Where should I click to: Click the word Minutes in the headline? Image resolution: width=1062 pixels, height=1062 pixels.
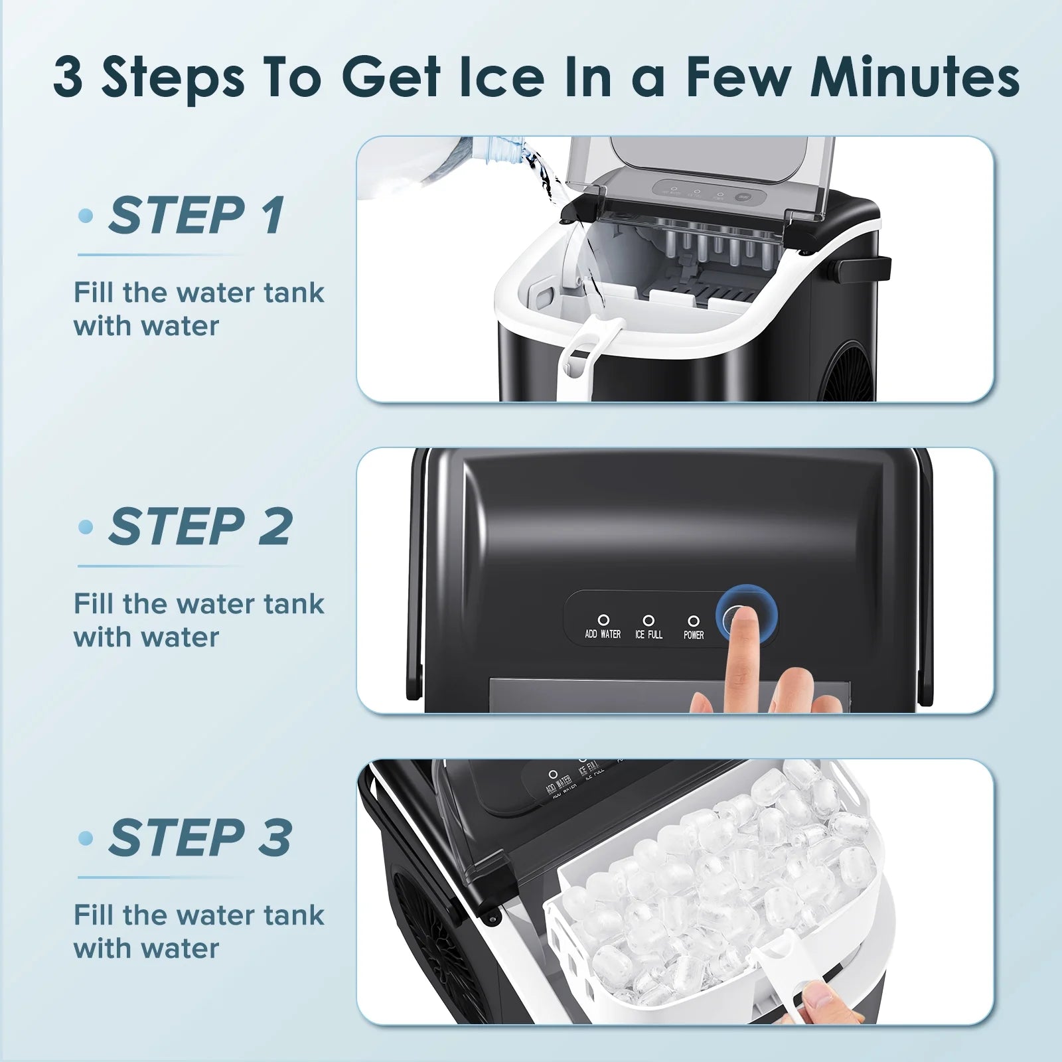tap(915, 78)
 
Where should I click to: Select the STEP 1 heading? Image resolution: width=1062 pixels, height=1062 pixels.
tap(196, 216)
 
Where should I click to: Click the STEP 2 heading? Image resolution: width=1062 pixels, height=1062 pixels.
tap(200, 527)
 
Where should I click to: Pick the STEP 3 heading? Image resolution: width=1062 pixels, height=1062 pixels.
tap(200, 838)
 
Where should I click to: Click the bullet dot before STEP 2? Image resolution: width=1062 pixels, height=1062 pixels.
tap(85, 527)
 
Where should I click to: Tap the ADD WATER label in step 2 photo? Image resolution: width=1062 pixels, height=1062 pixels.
tap(603, 635)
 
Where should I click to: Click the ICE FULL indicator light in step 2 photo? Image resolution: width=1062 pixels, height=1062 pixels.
tap(648, 620)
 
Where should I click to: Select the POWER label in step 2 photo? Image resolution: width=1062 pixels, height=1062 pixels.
tap(694, 635)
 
